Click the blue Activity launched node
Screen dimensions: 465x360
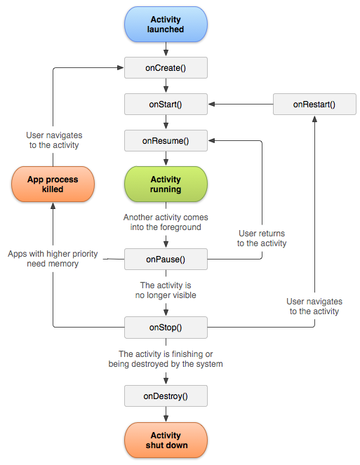click(166, 25)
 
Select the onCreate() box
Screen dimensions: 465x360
click(166, 68)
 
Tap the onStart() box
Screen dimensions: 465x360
click(166, 105)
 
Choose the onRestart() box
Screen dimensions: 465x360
click(314, 105)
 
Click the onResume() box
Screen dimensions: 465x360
click(166, 141)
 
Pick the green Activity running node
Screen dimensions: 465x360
click(166, 184)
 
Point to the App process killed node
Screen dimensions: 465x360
click(54, 184)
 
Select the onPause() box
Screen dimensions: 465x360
click(166, 259)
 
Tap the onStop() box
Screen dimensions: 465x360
click(166, 327)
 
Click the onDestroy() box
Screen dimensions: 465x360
click(166, 396)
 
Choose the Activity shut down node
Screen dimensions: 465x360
click(166, 440)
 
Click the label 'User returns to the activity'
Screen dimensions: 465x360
click(262, 238)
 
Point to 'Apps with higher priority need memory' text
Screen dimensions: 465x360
click(53, 259)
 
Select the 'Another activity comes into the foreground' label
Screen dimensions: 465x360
click(166, 222)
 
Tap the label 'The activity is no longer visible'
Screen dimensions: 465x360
click(166, 290)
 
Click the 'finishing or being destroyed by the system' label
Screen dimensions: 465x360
click(166, 359)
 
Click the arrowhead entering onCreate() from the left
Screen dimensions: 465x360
click(120, 68)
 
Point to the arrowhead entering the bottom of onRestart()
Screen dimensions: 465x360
click(314, 119)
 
